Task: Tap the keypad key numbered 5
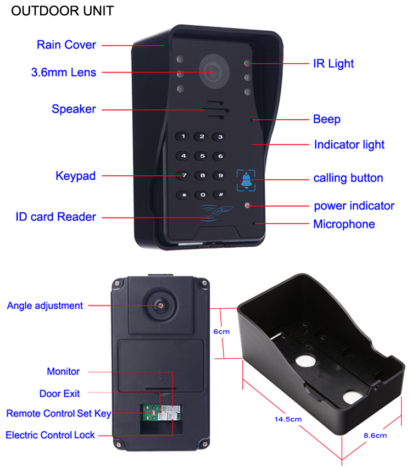[202, 156]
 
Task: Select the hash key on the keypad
[220, 194]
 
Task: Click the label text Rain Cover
[66, 45]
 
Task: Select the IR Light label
[333, 64]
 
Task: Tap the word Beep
[327, 119]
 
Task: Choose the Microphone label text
[344, 224]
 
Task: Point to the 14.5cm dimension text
[288, 419]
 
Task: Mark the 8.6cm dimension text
[375, 436]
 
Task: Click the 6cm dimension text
[221, 332]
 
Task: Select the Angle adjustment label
[45, 305]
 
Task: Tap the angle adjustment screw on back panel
[160, 305]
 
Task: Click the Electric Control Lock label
[51, 435]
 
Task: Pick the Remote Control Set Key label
[59, 414]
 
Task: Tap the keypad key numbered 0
[202, 194]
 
